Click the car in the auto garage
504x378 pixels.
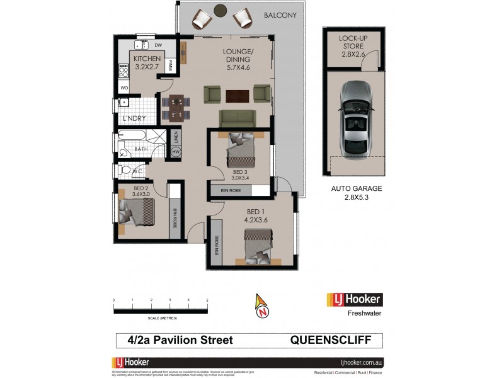click(357, 120)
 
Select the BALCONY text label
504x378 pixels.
click(280, 15)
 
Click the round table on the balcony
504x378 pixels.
click(220, 10)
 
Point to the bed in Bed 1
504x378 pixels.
click(258, 246)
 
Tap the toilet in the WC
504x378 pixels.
click(125, 170)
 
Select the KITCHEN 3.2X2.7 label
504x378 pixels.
click(147, 62)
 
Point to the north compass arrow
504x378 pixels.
click(261, 306)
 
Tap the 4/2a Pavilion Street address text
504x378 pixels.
click(176, 340)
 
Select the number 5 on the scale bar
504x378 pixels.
click(207, 300)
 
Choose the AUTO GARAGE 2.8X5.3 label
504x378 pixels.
click(357, 193)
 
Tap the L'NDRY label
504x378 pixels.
click(134, 119)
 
